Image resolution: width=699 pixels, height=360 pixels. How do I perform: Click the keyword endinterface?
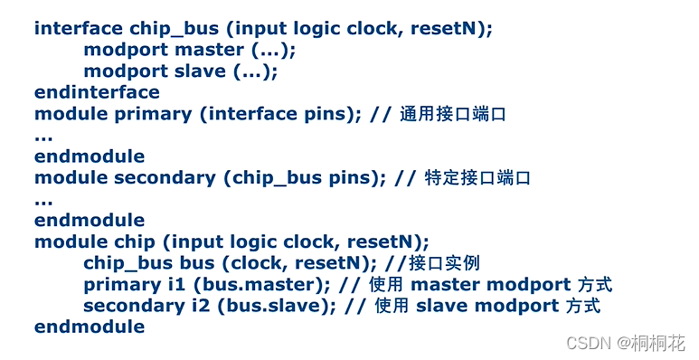pos(97,92)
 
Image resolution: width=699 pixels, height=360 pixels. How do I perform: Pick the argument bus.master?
pos(255,285)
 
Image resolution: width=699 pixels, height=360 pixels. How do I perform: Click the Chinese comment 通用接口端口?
pos(452,115)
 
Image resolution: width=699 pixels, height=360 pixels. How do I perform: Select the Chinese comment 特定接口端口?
pos(477,178)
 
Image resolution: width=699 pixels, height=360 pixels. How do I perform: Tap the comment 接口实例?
pos(445,264)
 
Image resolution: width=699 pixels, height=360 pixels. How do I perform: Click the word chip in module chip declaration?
pos(135,242)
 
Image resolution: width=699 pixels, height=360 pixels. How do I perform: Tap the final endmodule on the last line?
pos(89,327)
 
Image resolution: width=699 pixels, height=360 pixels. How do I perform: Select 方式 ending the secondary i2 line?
pos(583,306)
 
